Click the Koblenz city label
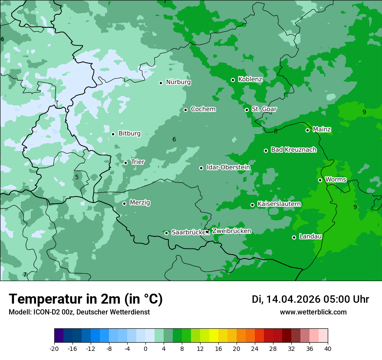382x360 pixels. pos(250,79)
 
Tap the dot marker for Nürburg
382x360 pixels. pos(161,83)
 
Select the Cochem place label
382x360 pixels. pos(203,109)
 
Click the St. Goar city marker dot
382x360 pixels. pos(247,110)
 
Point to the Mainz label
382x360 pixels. pos(322,130)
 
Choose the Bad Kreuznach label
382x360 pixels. pos(293,150)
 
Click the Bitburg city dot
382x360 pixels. pos(113,134)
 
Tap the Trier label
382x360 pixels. pos(138,162)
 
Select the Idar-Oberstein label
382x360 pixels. pos(228,167)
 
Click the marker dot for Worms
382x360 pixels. pos(320,180)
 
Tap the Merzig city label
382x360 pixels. pos(140,203)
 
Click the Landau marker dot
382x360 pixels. pos(294,237)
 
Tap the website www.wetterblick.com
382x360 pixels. pos(313,312)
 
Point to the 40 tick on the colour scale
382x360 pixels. pos(328,349)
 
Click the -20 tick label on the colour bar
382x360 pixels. pos(54,349)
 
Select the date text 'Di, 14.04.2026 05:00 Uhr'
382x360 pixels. pos(310,299)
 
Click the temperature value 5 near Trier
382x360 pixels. pos(77,177)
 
